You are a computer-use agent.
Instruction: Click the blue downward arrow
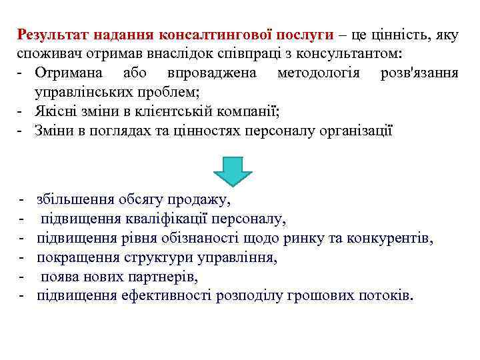[233, 171]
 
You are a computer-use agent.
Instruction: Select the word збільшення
[76, 199]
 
